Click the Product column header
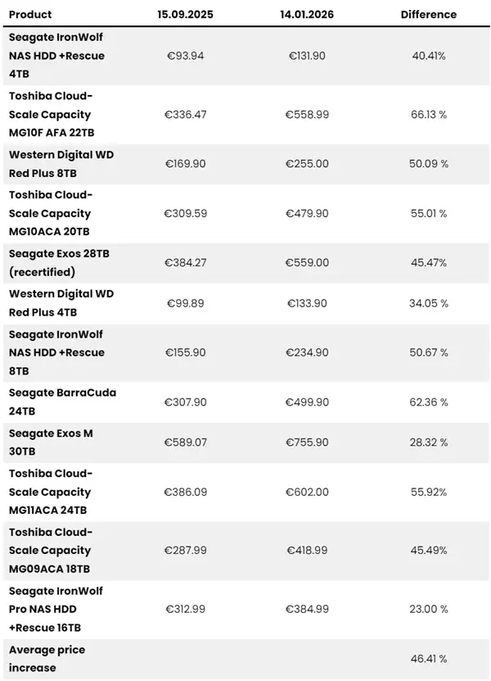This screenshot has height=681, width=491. pos(30,15)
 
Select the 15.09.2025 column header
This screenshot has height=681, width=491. pos(186,15)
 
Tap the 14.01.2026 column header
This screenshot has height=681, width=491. pos(307,15)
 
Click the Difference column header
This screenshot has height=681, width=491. pos(429,15)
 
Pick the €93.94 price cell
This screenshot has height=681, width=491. pos(186,56)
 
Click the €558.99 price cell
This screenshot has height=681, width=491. pos(307,115)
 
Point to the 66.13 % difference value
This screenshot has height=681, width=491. pos(429,115)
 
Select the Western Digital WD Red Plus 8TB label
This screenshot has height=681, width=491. pos(62,164)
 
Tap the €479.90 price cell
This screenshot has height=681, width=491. pos(307,214)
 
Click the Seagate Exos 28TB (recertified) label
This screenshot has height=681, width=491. pos(59,263)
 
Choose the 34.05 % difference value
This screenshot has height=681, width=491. pos(429,303)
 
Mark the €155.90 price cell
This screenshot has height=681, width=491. pos(186,352)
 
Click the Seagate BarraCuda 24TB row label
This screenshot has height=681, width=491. pos(62,402)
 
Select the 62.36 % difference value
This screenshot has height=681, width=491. pos(429,402)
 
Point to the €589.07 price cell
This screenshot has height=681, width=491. pos(186,443)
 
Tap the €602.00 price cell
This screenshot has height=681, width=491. pos(307,493)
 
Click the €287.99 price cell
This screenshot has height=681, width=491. pos(186,551)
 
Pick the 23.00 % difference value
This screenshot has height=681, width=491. pos(429,609)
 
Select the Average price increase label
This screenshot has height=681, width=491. pos(47,659)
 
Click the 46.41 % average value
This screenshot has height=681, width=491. pos(429,659)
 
